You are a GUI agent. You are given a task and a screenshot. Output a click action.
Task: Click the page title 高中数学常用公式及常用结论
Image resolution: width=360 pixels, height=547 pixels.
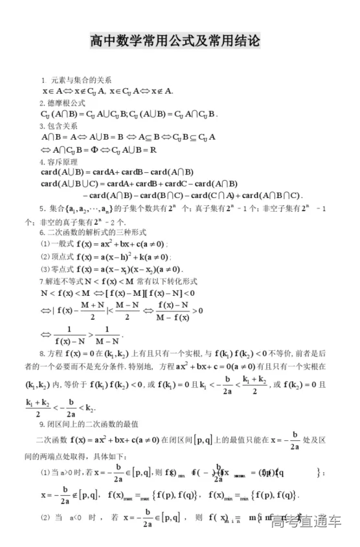pos(175,41)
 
